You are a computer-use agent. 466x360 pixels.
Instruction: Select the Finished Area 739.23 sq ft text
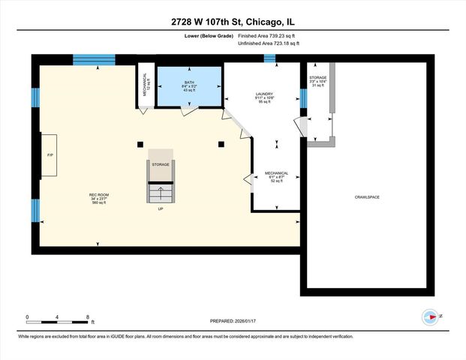click(269, 35)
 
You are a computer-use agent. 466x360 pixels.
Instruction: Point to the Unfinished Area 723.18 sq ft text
click(269, 44)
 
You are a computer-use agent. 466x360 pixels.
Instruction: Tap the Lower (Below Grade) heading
click(207, 35)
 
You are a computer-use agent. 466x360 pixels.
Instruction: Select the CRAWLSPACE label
click(367, 197)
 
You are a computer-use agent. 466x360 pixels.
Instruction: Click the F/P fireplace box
click(49, 155)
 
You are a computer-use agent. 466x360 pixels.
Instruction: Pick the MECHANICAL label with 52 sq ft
click(276, 173)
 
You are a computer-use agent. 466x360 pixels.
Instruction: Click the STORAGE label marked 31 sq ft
click(318, 77)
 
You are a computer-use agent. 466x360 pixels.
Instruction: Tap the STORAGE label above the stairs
click(160, 163)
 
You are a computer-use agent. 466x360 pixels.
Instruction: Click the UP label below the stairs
click(160, 209)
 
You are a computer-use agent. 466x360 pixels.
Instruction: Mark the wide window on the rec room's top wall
click(94, 60)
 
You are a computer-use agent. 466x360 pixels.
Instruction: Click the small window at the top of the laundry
click(269, 58)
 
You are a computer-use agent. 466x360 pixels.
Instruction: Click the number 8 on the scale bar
click(88, 317)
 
